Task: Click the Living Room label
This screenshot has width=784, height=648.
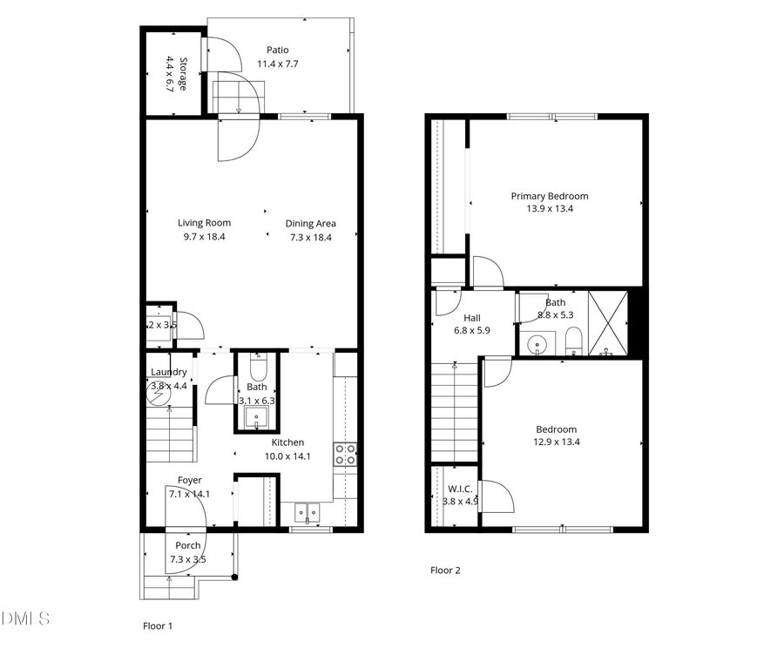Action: pos(205,223)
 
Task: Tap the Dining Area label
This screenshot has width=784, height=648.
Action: pos(310,224)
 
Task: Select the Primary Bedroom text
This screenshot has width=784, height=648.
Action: pos(549,197)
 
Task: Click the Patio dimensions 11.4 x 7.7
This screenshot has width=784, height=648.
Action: pos(278,64)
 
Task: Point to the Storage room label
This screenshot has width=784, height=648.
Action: pos(183,75)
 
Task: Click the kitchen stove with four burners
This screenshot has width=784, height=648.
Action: pos(345,454)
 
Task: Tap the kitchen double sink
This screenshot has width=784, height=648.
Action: pos(308,511)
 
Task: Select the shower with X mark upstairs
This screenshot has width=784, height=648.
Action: pos(608,323)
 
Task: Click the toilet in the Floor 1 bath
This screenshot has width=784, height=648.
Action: pos(256,366)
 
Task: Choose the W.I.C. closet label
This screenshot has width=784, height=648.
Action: pos(459,489)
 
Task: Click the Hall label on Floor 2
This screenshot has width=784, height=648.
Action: pos(471,319)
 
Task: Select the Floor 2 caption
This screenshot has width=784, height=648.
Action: pos(444,570)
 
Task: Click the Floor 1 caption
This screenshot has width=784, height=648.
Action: pos(158,625)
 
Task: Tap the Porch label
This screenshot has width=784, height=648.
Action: pos(187,546)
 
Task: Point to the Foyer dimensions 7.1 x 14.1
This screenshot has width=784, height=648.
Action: pos(189,493)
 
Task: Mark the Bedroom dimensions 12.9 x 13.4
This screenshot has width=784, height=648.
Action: pos(556,442)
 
